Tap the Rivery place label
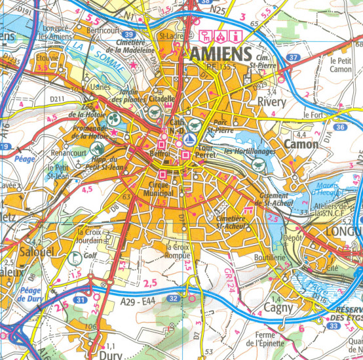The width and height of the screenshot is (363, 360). point(273,103)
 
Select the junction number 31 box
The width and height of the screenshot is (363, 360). point(80,300)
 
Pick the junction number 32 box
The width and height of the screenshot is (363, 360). point(174,280)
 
